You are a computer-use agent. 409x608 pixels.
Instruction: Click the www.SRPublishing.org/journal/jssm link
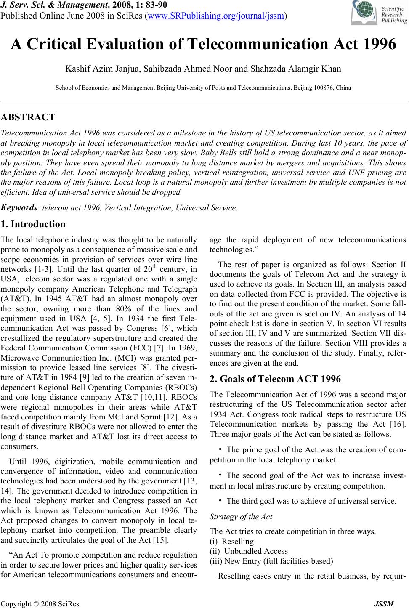pos(216,16)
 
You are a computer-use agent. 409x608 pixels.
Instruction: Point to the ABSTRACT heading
pos(28,117)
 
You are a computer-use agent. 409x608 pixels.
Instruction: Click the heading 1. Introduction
pos(33,224)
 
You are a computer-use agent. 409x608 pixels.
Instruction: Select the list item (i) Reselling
pos(232,541)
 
